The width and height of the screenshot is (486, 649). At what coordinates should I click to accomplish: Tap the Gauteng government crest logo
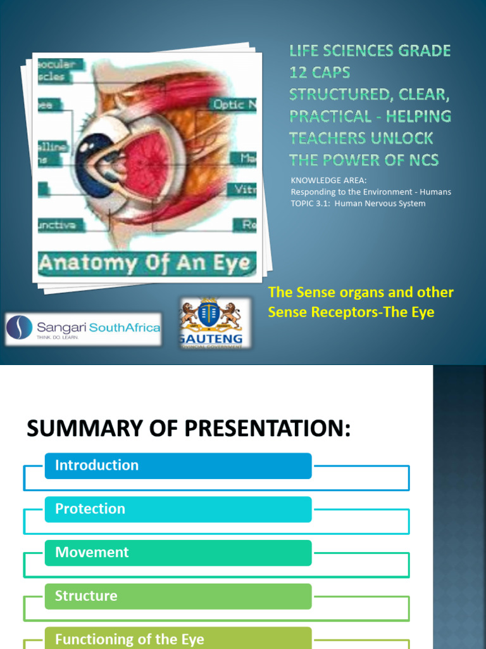(x=211, y=323)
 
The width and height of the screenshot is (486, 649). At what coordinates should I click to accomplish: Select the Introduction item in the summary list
(x=178, y=466)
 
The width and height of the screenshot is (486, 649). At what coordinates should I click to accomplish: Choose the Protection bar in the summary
(x=178, y=510)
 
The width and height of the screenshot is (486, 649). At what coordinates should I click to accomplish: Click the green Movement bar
(x=178, y=553)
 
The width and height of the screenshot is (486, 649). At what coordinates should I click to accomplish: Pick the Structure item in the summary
(x=178, y=596)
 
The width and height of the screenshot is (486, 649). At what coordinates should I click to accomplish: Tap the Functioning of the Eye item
(x=178, y=638)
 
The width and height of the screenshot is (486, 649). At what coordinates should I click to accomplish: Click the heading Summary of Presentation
(x=188, y=429)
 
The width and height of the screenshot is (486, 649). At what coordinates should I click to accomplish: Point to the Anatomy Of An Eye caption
(x=145, y=263)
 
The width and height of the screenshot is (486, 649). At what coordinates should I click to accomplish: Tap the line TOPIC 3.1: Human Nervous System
(x=358, y=203)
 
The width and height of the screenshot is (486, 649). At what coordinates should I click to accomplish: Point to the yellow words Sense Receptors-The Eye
(x=351, y=312)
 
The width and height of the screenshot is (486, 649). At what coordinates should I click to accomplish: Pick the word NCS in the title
(x=422, y=160)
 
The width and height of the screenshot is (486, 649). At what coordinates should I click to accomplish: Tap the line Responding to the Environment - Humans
(x=370, y=192)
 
